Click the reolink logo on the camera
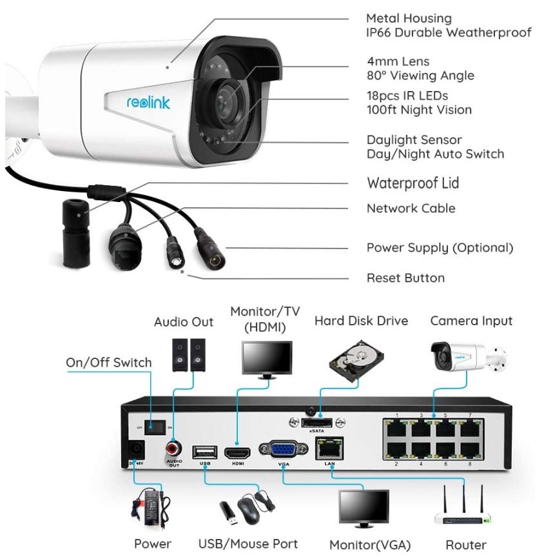[148, 103]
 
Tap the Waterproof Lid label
[413, 183]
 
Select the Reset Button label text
[406, 278]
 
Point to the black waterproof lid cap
[76, 233]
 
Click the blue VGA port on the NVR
[284, 449]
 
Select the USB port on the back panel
[205, 452]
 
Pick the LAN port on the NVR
[329, 448]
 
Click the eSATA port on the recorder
[316, 423]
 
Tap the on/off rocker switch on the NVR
[155, 427]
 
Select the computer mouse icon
[248, 509]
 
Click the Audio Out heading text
[184, 322]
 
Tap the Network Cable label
[411, 208]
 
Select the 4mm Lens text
[398, 61]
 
